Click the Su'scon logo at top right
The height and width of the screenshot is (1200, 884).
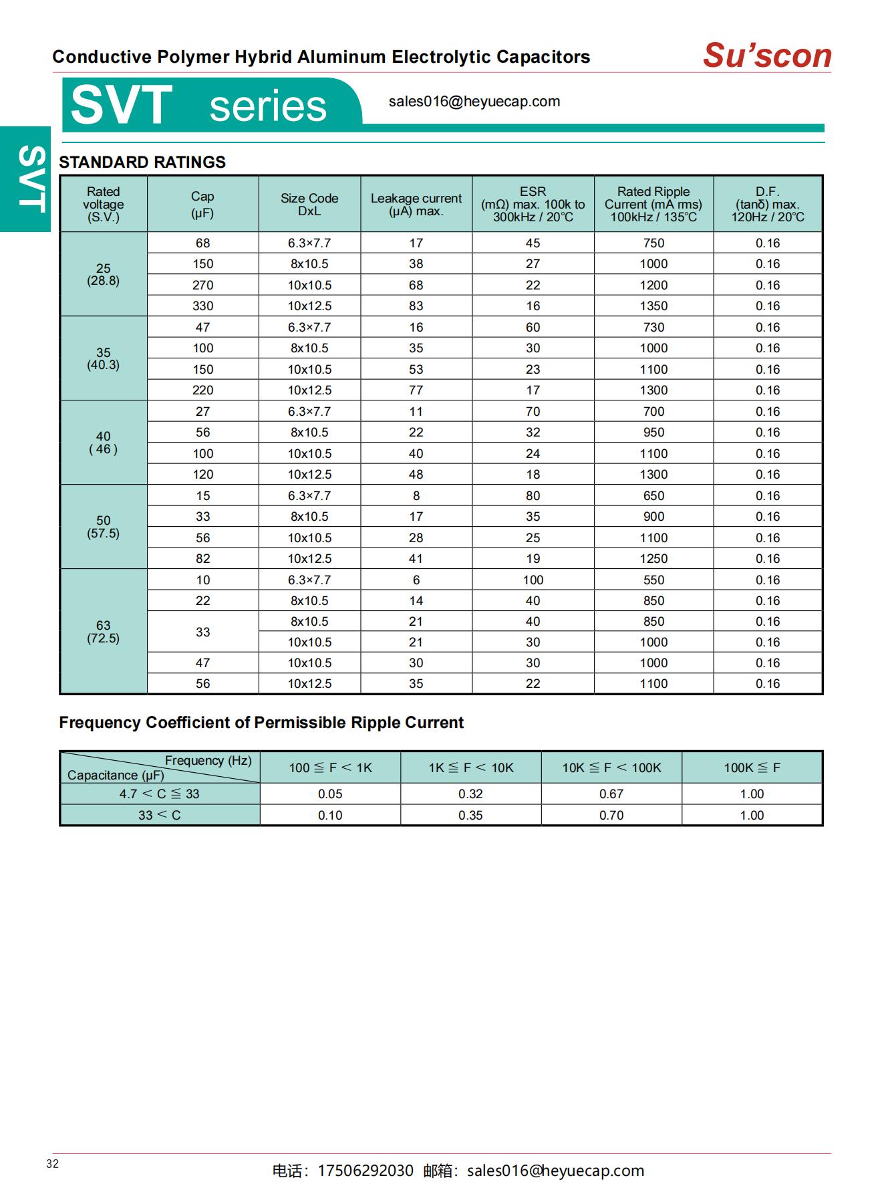coord(766,55)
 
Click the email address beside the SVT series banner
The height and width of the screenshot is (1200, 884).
coord(474,102)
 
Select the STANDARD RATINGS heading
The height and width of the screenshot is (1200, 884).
coord(142,162)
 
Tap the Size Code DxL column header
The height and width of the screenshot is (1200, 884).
coord(309,205)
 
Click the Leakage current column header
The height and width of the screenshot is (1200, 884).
coord(416,205)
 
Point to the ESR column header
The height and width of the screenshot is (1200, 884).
coord(533,205)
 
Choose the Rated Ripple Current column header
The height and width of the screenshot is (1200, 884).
coord(653,205)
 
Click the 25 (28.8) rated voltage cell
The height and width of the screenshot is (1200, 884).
coord(104,274)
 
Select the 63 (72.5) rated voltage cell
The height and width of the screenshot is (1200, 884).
coord(104,632)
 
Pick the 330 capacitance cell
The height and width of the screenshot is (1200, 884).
coord(203,306)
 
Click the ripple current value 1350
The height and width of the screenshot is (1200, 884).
coord(653,306)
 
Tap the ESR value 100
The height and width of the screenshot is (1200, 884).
coord(533,580)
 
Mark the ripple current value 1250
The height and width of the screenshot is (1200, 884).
coord(653,559)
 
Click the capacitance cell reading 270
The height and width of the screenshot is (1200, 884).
coord(203,285)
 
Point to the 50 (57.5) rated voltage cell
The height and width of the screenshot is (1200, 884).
coord(104,527)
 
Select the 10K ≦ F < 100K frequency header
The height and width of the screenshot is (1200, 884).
coord(611,768)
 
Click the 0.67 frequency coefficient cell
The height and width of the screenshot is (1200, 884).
coord(611,794)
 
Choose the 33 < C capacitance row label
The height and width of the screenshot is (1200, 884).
coord(160,816)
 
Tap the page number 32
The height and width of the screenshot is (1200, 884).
coord(53,1164)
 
